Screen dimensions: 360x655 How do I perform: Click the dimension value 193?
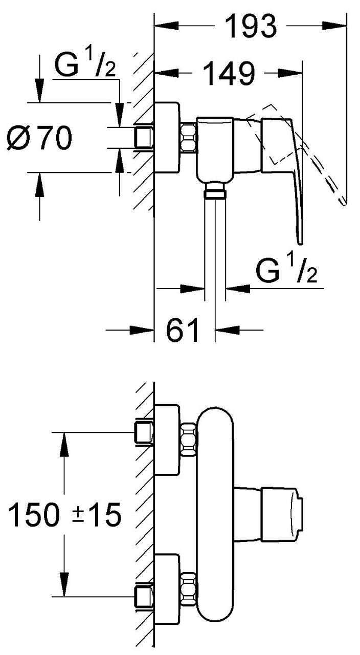pos(252,27)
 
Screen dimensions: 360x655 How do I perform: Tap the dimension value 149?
pos(229,73)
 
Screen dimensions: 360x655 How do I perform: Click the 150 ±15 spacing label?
pos(64,514)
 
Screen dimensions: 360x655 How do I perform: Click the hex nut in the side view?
pos(189,138)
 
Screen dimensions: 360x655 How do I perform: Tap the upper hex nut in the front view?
pos(189,440)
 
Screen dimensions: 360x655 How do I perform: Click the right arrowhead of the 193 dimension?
pos(334,26)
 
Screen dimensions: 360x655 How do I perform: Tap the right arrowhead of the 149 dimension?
pos(289,73)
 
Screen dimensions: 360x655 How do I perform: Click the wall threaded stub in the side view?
pos(144,138)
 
